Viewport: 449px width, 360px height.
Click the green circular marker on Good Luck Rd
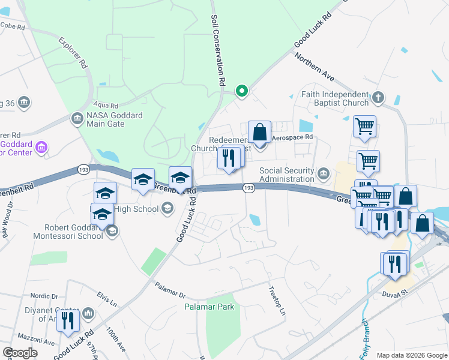tap(242, 91)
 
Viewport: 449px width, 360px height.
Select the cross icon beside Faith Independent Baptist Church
tap(378, 97)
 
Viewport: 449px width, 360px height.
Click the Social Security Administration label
tap(287, 175)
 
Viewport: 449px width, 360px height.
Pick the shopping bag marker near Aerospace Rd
tap(259, 133)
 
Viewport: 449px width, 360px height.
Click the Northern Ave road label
tap(313, 67)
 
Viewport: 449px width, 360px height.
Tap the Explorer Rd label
tap(74, 55)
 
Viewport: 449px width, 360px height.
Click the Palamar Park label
tap(208, 307)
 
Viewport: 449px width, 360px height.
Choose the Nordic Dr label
tap(46, 296)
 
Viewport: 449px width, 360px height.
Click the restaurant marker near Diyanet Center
tap(68, 321)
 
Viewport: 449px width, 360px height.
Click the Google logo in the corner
tap(20, 352)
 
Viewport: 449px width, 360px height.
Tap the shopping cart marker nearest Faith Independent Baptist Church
tap(364, 127)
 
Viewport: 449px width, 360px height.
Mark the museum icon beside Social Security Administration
tap(324, 175)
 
